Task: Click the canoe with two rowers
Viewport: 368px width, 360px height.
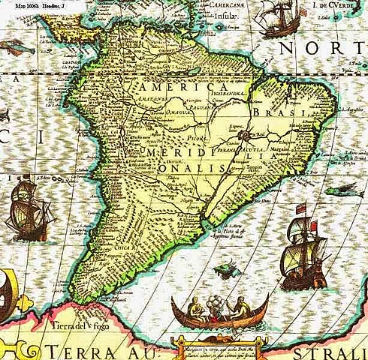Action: tap(212, 309)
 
